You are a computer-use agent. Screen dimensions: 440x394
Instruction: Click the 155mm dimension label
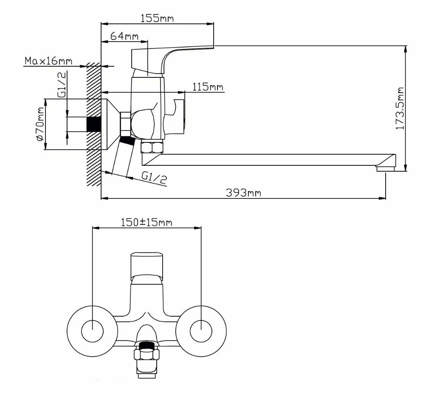pos(157,18)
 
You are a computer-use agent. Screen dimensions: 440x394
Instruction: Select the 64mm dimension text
pos(124,36)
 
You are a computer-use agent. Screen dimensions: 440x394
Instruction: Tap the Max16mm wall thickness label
pos(48,61)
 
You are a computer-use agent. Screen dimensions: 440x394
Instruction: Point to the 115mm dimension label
pos(208,87)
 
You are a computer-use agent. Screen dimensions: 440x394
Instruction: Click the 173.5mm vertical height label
pos(400,108)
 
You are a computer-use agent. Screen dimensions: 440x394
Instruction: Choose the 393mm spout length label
pos(243,193)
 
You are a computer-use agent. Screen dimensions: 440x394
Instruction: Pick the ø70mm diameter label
pos(40,124)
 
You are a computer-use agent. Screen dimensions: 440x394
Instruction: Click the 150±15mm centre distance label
pos(147,222)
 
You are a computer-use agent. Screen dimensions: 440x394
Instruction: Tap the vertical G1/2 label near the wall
pos(62,85)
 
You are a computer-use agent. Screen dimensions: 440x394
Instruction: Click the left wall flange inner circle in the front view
pos(92,331)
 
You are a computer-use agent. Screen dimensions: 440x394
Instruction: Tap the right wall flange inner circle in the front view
pos(201,331)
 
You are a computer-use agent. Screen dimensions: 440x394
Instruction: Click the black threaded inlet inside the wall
pos(94,124)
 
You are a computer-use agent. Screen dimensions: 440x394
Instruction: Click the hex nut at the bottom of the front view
pos(147,354)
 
